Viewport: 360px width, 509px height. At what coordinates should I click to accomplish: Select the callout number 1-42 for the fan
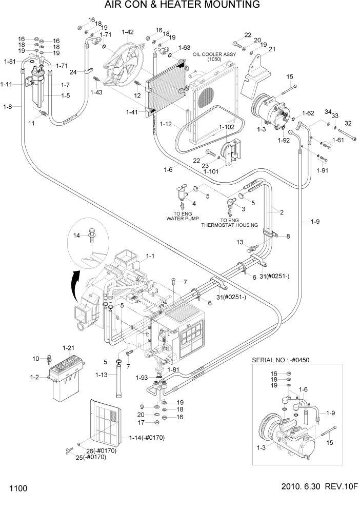(x=128, y=32)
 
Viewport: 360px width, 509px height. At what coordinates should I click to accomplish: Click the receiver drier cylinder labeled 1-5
(x=38, y=90)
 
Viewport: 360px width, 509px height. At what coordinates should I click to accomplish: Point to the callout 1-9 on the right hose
(x=315, y=221)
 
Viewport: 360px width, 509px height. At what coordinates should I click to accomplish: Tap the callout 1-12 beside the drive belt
(x=166, y=124)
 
